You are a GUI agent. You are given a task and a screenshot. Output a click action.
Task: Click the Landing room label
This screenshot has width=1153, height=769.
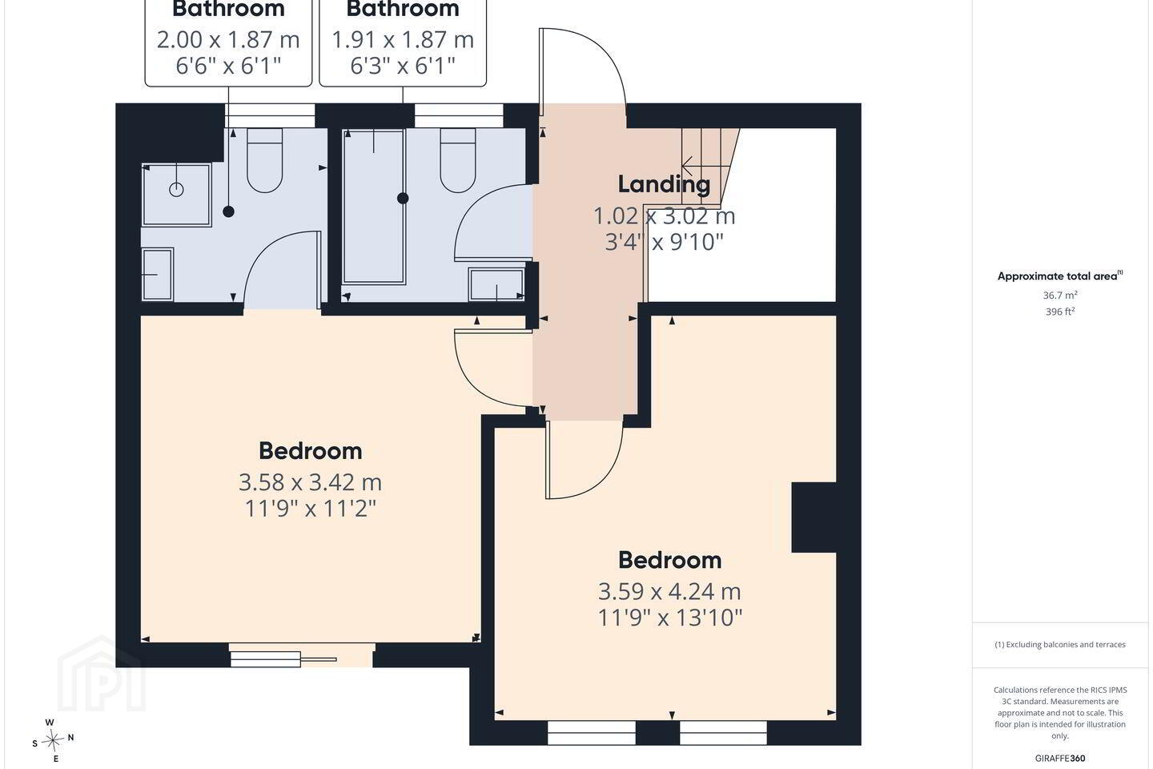point(664,184)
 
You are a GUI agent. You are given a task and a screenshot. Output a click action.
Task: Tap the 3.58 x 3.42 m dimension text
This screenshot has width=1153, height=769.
point(311,482)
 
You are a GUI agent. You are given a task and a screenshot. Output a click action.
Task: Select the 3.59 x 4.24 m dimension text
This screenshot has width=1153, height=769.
point(669,591)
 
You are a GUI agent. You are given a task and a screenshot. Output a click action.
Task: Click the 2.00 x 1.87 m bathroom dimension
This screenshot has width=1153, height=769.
point(228,40)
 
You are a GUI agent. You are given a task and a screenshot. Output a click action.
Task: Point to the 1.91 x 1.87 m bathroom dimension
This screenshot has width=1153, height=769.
point(403,40)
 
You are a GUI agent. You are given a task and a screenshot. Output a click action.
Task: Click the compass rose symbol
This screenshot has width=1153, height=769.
point(52,741)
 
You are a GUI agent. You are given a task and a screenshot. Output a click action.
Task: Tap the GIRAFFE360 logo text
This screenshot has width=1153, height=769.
point(1060,758)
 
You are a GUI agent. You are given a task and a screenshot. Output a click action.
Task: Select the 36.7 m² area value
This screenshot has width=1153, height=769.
point(1060,295)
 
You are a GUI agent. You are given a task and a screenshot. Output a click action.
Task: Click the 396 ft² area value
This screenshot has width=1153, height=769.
point(1060,311)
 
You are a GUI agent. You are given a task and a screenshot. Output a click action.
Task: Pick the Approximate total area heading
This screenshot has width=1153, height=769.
point(1060,276)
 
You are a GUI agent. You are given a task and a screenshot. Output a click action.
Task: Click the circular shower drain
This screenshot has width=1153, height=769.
point(176,190)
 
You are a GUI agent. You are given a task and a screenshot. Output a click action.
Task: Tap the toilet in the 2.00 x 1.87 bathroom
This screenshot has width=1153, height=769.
point(264,160)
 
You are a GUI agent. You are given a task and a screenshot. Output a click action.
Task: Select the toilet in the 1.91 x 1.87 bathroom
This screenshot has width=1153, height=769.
point(458,160)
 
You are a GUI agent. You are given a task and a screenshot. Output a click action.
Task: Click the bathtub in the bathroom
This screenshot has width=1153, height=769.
point(374,206)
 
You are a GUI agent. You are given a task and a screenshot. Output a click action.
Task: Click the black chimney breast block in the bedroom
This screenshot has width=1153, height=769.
point(814,517)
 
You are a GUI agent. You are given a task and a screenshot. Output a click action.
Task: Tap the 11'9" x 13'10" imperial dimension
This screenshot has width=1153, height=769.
point(669,617)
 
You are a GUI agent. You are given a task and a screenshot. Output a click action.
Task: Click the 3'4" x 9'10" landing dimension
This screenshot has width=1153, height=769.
point(664,242)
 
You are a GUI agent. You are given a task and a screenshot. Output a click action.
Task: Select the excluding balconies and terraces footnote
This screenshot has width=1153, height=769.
point(1060,644)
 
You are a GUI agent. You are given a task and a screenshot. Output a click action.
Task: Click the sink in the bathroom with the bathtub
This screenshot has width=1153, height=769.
point(496,284)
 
